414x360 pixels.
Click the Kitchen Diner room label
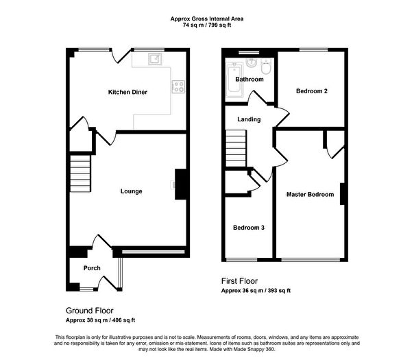tap(127, 92)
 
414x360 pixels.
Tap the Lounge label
tap(131, 191)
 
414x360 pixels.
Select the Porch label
tap(92, 268)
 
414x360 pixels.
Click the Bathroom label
tap(249, 80)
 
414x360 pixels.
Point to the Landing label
tap(249, 119)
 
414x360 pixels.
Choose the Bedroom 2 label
tap(312, 91)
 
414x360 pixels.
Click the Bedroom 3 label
tap(248, 228)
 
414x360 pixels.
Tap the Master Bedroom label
tap(310, 195)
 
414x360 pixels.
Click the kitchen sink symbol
tap(155, 59)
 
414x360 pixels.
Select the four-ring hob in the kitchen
tap(178, 86)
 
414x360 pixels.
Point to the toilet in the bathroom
tap(266, 67)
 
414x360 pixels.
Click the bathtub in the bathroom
tap(234, 80)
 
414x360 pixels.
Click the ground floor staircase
tap(80, 173)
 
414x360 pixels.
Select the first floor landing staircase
tap(236, 149)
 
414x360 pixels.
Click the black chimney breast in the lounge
tap(181, 184)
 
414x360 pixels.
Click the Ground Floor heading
tap(90, 311)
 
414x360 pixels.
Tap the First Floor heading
tap(239, 281)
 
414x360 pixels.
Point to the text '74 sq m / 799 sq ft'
tap(207, 25)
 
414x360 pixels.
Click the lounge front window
tap(153, 252)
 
